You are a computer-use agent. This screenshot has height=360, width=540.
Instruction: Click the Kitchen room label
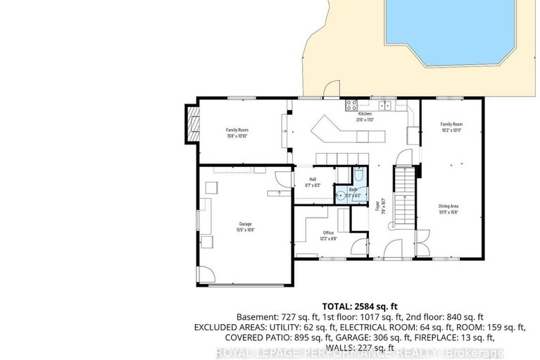click(x=365, y=114)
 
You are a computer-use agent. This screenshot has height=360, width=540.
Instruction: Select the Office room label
click(x=328, y=232)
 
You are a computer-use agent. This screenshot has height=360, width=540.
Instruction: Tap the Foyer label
click(x=377, y=204)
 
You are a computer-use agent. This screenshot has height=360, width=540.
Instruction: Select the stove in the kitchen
click(x=351, y=106)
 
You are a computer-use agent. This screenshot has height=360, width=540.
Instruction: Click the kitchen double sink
click(x=385, y=106)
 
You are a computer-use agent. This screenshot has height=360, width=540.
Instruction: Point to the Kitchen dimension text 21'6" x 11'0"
click(x=365, y=120)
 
